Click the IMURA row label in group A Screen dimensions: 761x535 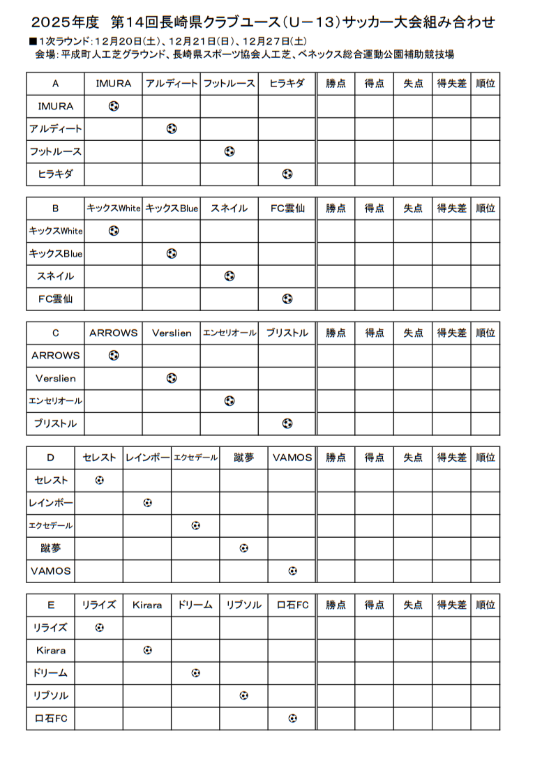[55, 107]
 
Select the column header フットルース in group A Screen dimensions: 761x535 [229, 84]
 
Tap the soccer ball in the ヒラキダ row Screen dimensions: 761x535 [287, 174]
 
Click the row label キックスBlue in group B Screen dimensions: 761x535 [55, 254]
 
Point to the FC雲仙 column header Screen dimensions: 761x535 [287, 209]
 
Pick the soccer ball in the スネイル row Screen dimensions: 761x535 [229, 276]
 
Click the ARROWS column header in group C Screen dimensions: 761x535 [113, 333]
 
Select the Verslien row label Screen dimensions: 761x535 [55, 379]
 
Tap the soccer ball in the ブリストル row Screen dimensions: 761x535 [287, 423]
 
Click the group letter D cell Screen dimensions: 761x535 [50, 458]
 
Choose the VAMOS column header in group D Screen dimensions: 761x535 [292, 458]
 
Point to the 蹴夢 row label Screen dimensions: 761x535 [50, 548]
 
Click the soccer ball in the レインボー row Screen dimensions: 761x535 [147, 503]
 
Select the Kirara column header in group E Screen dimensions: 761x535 [147, 605]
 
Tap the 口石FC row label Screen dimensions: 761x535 [50, 718]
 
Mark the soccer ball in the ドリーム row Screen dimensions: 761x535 [195, 673]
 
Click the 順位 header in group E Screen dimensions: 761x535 [485, 605]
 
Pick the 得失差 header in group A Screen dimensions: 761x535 [451, 84]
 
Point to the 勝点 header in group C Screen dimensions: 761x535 [336, 333]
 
